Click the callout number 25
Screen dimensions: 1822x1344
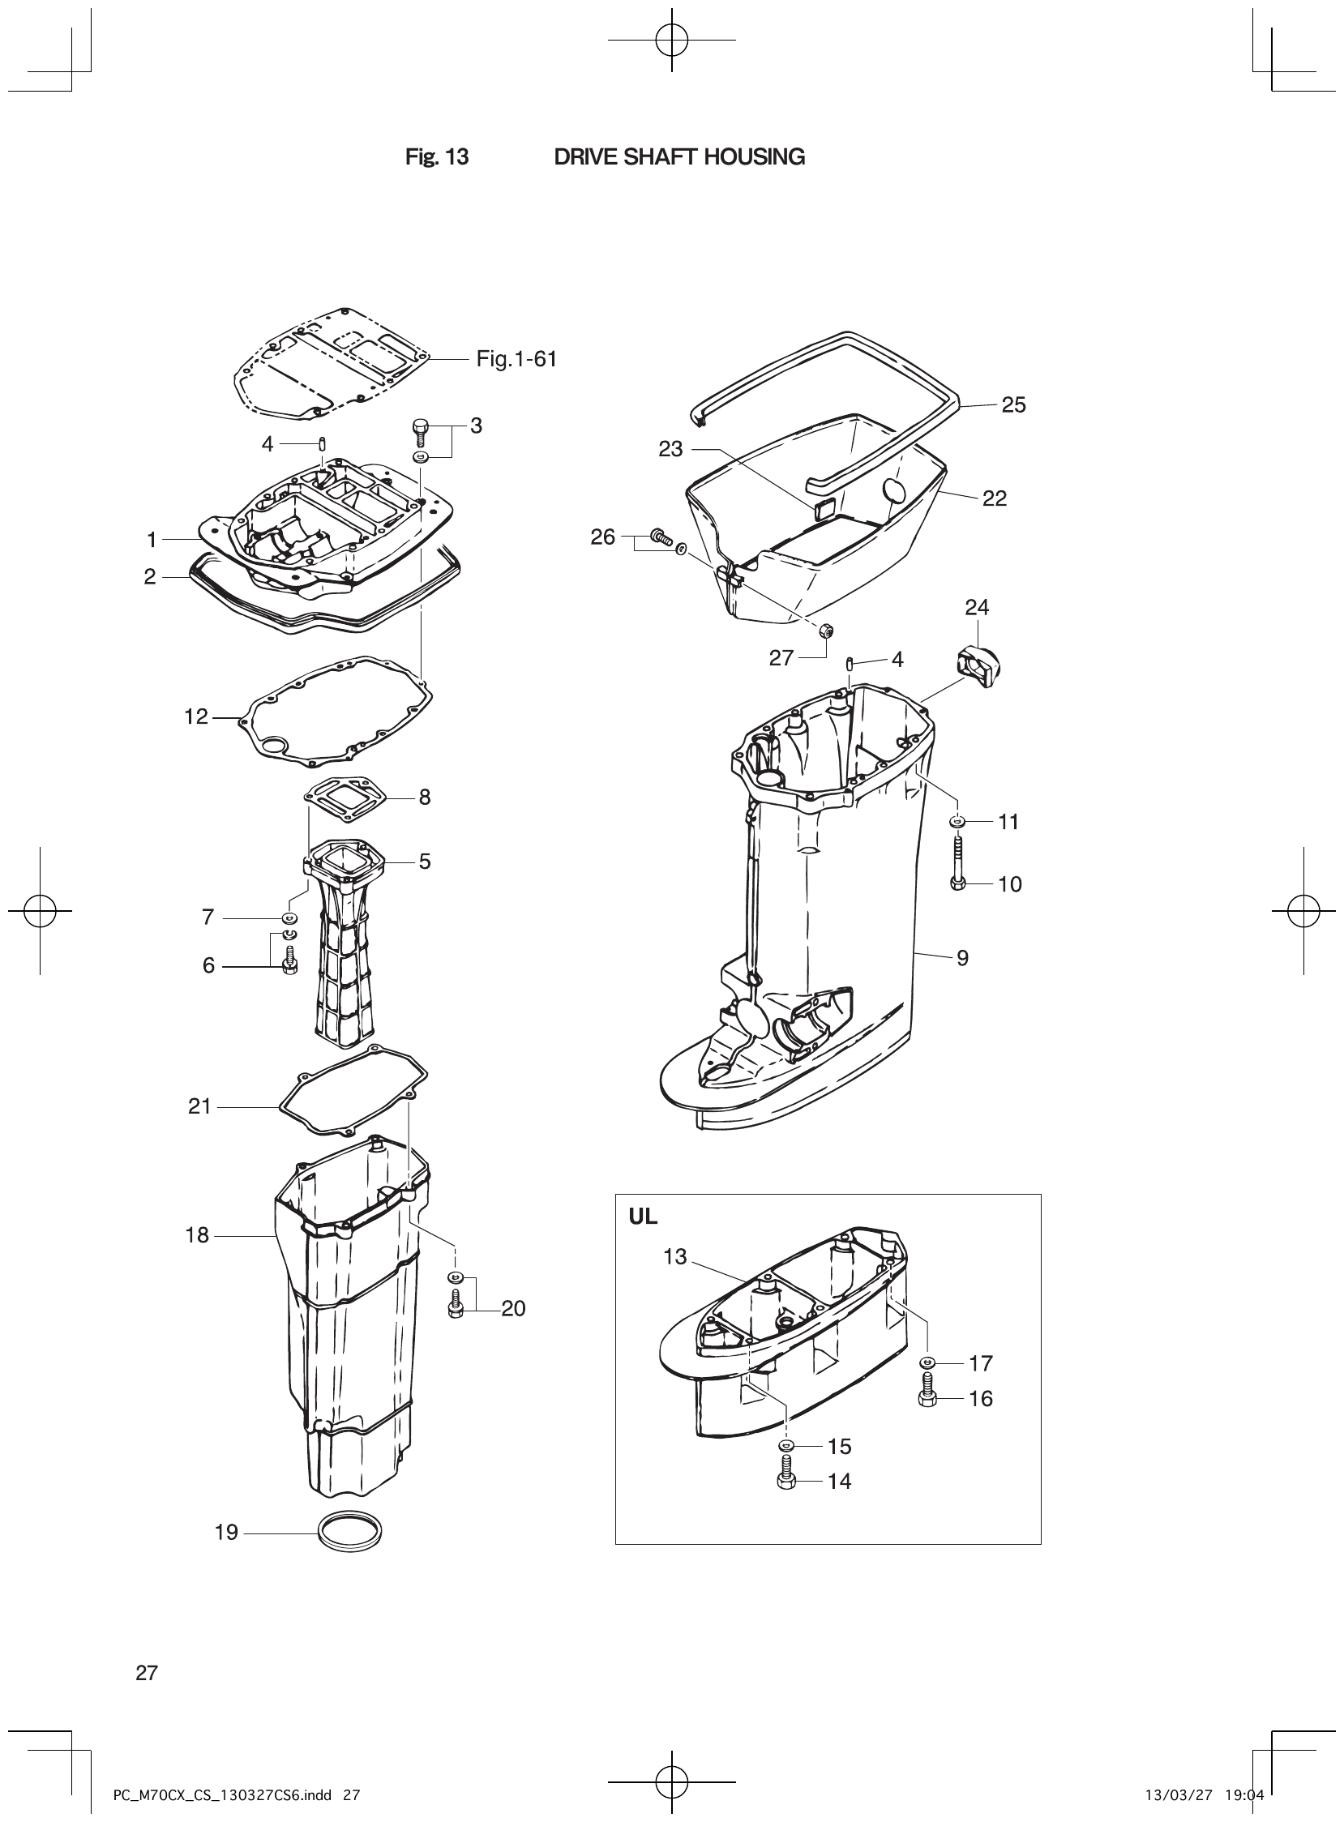(x=1013, y=405)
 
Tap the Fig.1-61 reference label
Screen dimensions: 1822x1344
(x=516, y=359)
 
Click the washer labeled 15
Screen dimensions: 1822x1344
(x=786, y=1445)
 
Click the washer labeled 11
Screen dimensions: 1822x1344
(x=957, y=822)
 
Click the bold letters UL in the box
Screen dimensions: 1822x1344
(x=643, y=1217)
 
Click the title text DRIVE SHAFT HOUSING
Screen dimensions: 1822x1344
(x=679, y=157)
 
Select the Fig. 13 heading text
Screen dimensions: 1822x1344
(x=437, y=157)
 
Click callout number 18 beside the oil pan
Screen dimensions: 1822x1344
(x=197, y=1235)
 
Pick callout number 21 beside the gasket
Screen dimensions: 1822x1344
(x=199, y=1106)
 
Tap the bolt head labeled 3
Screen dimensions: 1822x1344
(x=421, y=426)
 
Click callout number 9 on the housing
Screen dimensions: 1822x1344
(x=962, y=958)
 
